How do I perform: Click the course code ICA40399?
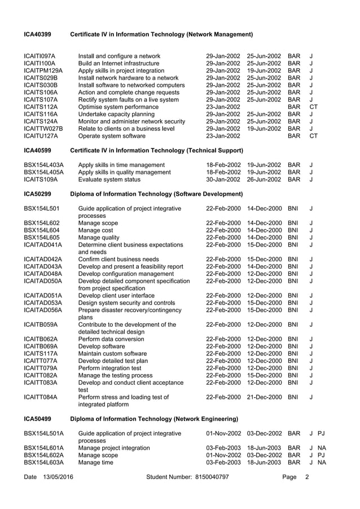(37, 35)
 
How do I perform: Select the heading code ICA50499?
(37, 419)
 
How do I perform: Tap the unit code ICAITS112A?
(41, 107)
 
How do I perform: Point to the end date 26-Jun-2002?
(264, 181)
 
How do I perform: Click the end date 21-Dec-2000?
(264, 397)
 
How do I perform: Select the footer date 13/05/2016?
(58, 477)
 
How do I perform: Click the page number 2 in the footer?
(306, 477)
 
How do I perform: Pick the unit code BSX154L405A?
(43, 173)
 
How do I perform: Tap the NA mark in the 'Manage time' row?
(322, 463)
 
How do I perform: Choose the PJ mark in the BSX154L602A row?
(322, 455)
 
